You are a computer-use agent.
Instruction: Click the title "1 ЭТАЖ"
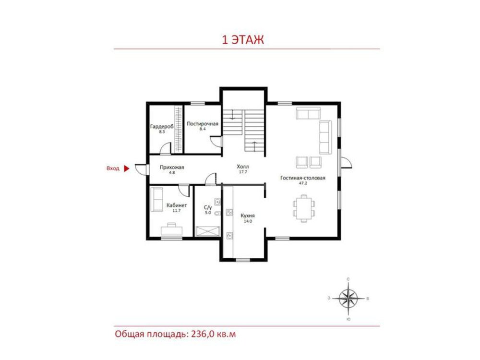[242, 40]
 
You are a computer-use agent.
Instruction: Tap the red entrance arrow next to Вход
[126, 168]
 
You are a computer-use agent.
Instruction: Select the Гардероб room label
[162, 126]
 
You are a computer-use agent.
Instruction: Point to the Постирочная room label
[203, 124]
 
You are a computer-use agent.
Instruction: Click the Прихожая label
[172, 167]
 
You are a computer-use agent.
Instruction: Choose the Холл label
[243, 167]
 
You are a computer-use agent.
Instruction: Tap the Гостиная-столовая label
[303, 178]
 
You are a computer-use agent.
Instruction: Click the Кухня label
[247, 216]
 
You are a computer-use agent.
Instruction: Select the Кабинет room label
[177, 205]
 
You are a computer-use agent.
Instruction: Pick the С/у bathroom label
[208, 207]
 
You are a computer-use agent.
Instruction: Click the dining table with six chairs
[304, 208]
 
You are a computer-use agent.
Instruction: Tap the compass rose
[348, 299]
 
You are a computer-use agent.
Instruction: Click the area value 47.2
[303, 183]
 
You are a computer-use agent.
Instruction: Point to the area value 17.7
[243, 172]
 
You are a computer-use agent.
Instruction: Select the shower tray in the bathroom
[208, 231]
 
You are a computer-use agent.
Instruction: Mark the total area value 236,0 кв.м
[214, 334]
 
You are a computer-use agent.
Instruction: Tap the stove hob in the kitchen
[229, 212]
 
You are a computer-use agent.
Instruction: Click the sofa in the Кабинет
[157, 199]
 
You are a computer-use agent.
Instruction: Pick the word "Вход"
[113, 168]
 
